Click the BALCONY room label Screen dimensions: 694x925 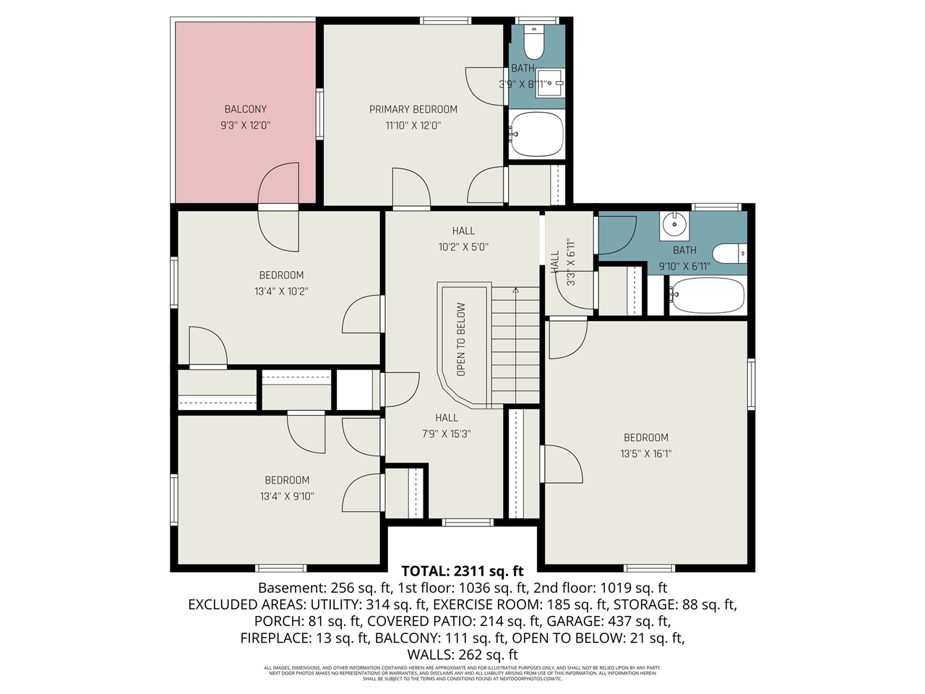tap(245, 109)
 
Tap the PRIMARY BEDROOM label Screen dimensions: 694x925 tap(413, 109)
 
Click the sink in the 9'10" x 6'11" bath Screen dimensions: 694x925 tap(674, 225)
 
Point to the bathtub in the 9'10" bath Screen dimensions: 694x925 tap(707, 296)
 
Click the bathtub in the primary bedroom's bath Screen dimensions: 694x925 tap(536, 134)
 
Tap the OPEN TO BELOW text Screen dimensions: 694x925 tap(461, 339)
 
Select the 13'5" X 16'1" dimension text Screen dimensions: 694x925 tap(645, 454)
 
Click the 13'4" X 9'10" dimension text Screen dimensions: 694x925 tap(287, 497)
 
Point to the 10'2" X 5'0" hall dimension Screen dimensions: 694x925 tap(463, 247)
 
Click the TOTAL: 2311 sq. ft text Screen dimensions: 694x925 tap(462, 571)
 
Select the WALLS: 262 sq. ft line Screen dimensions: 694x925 tap(462, 655)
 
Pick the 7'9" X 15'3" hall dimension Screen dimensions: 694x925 tap(447, 434)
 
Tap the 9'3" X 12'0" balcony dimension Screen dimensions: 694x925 tap(245, 125)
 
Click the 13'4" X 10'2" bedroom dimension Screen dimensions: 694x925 tap(281, 291)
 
